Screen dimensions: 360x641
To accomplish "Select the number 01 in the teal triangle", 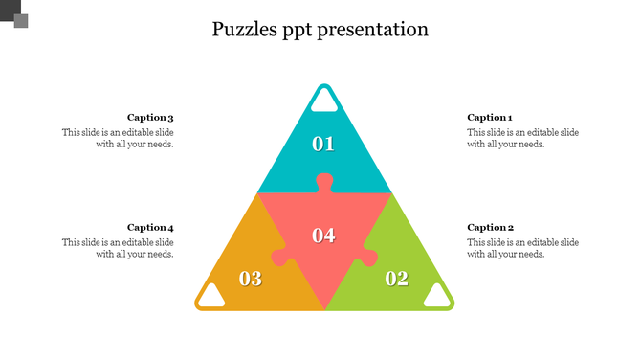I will [x=323, y=145].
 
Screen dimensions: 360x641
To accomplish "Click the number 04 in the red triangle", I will [x=323, y=236].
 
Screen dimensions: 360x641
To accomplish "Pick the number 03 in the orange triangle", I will [x=251, y=279].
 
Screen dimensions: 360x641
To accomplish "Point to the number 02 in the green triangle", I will [x=396, y=279].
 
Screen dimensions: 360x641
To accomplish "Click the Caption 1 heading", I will [x=490, y=118].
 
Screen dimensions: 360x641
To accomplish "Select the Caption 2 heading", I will [x=490, y=228].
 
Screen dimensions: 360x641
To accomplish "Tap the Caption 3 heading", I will [x=150, y=118].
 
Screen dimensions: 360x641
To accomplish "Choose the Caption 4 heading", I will [x=150, y=228].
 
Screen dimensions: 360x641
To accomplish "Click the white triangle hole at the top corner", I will [x=324, y=101].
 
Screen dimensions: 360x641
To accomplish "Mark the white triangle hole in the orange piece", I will [x=211, y=296].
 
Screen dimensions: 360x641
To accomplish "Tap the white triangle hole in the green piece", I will [x=437, y=296].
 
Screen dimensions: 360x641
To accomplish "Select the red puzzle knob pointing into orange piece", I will [x=280, y=257].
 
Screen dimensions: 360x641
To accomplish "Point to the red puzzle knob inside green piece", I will [x=367, y=257].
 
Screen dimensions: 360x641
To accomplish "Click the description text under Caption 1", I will [x=522, y=138].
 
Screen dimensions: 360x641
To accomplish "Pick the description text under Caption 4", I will [x=119, y=249].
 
